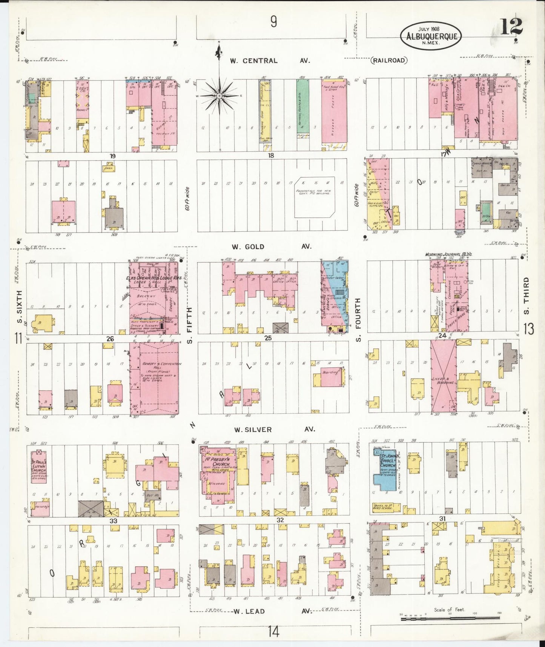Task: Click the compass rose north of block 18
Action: tap(219, 96)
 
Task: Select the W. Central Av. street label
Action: tap(270, 60)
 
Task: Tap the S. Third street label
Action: tap(527, 296)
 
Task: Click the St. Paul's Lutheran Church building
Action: tap(38, 467)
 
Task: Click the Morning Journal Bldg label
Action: tap(448, 255)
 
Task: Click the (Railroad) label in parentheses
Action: tap(390, 60)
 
